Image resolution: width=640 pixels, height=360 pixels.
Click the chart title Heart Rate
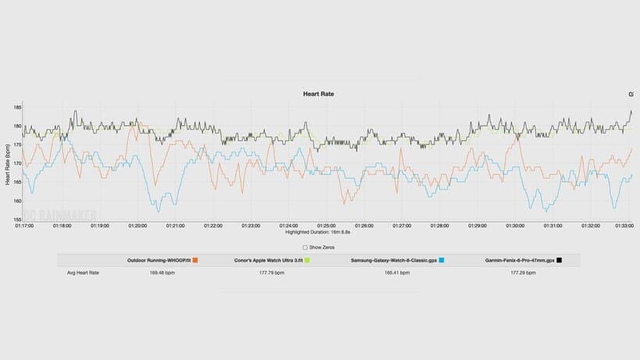pyautogui.click(x=318, y=94)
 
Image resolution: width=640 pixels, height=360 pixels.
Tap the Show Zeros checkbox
pyautogui.click(x=305, y=247)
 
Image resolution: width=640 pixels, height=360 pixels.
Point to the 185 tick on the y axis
pyautogui.click(x=16, y=107)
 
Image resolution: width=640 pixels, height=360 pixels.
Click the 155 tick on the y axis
pyautogui.click(x=16, y=220)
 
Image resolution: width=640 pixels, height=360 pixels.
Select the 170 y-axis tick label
pyautogui.click(x=16, y=163)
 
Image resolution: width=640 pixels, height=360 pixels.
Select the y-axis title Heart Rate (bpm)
pyautogui.click(x=7, y=162)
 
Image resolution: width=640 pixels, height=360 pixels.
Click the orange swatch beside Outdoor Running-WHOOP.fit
pyautogui.click(x=195, y=260)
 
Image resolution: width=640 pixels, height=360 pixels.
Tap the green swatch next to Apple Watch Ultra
pyautogui.click(x=308, y=260)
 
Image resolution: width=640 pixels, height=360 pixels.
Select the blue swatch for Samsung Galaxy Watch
pyautogui.click(x=442, y=260)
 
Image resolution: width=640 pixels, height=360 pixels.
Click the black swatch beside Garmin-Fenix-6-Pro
pyautogui.click(x=560, y=260)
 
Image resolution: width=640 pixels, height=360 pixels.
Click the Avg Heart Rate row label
pyautogui.click(x=83, y=273)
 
